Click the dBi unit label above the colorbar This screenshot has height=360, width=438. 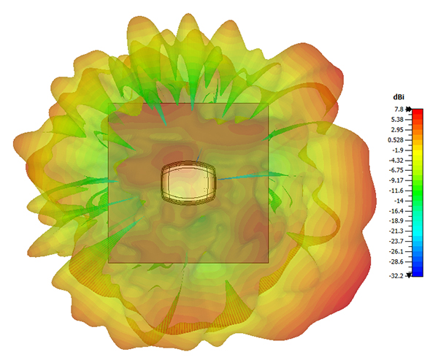tap(399, 97)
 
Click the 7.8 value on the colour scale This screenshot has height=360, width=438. tap(399, 110)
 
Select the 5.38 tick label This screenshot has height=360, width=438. tap(398, 120)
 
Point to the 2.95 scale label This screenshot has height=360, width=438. tap(398, 130)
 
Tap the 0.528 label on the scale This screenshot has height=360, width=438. tap(396, 140)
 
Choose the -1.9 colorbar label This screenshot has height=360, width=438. tap(399, 150)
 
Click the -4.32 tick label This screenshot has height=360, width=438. tap(396, 161)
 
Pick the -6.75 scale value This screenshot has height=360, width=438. tap(396, 170)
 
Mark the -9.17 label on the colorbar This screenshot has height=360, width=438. tap(396, 180)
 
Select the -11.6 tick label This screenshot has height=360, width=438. tap(396, 191)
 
